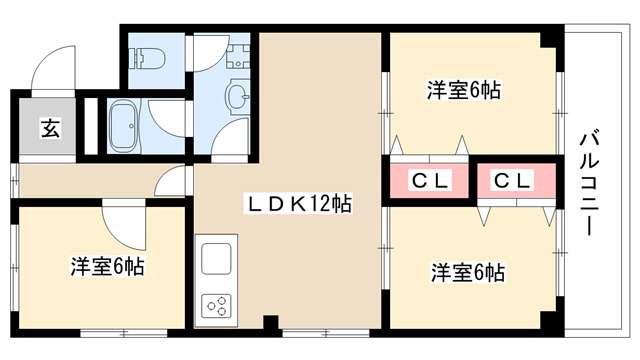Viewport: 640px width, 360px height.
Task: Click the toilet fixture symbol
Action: tap(147, 58)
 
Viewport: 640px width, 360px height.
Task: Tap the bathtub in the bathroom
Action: tap(125, 126)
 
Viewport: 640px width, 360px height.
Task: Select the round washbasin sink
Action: tap(237, 97)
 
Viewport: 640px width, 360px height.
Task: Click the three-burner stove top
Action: tap(216, 306)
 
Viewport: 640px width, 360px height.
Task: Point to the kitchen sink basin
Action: tap(216, 259)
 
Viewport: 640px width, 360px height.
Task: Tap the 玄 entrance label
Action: tap(50, 128)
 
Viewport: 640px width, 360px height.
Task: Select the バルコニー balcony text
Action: tap(589, 182)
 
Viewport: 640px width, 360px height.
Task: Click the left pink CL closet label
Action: tap(430, 180)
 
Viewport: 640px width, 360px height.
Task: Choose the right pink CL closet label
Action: tap(512, 180)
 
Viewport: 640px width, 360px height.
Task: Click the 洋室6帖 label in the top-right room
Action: tap(464, 90)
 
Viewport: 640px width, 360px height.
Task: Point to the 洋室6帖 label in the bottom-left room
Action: tap(107, 266)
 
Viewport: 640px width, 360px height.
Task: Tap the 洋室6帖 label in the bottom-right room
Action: tap(468, 273)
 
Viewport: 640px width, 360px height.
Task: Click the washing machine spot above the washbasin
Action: tap(238, 56)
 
